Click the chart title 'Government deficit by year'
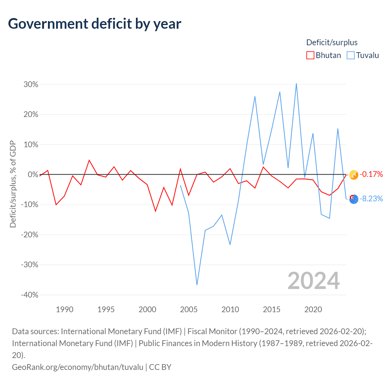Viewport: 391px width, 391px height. [x=94, y=24]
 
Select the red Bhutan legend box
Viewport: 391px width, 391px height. [x=310, y=55]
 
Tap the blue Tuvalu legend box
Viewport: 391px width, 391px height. [x=350, y=55]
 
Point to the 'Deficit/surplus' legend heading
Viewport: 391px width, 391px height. [x=332, y=42]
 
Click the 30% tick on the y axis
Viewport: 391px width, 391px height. [x=31, y=84]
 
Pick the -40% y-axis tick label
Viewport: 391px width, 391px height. [x=30, y=295]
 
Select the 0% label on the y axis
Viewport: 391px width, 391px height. [x=33, y=174]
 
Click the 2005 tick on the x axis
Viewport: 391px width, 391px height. [x=189, y=309]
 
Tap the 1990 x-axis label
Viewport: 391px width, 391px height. [x=64, y=309]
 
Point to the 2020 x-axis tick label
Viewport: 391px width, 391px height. [x=313, y=309]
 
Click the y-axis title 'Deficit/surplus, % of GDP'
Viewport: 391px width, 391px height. [x=13, y=184]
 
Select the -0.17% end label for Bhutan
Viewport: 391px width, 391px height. [x=371, y=174]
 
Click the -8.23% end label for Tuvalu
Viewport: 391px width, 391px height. [x=371, y=199]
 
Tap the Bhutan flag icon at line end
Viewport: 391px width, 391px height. [x=354, y=175]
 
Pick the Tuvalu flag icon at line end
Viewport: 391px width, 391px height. [x=354, y=199]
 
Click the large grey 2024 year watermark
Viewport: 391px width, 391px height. [x=313, y=281]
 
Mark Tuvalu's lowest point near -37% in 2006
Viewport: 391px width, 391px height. [x=197, y=285]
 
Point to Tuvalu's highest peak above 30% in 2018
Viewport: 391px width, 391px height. [x=296, y=84]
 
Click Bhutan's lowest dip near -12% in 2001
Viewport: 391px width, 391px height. [x=155, y=211]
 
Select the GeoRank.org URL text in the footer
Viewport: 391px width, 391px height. [x=78, y=367]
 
